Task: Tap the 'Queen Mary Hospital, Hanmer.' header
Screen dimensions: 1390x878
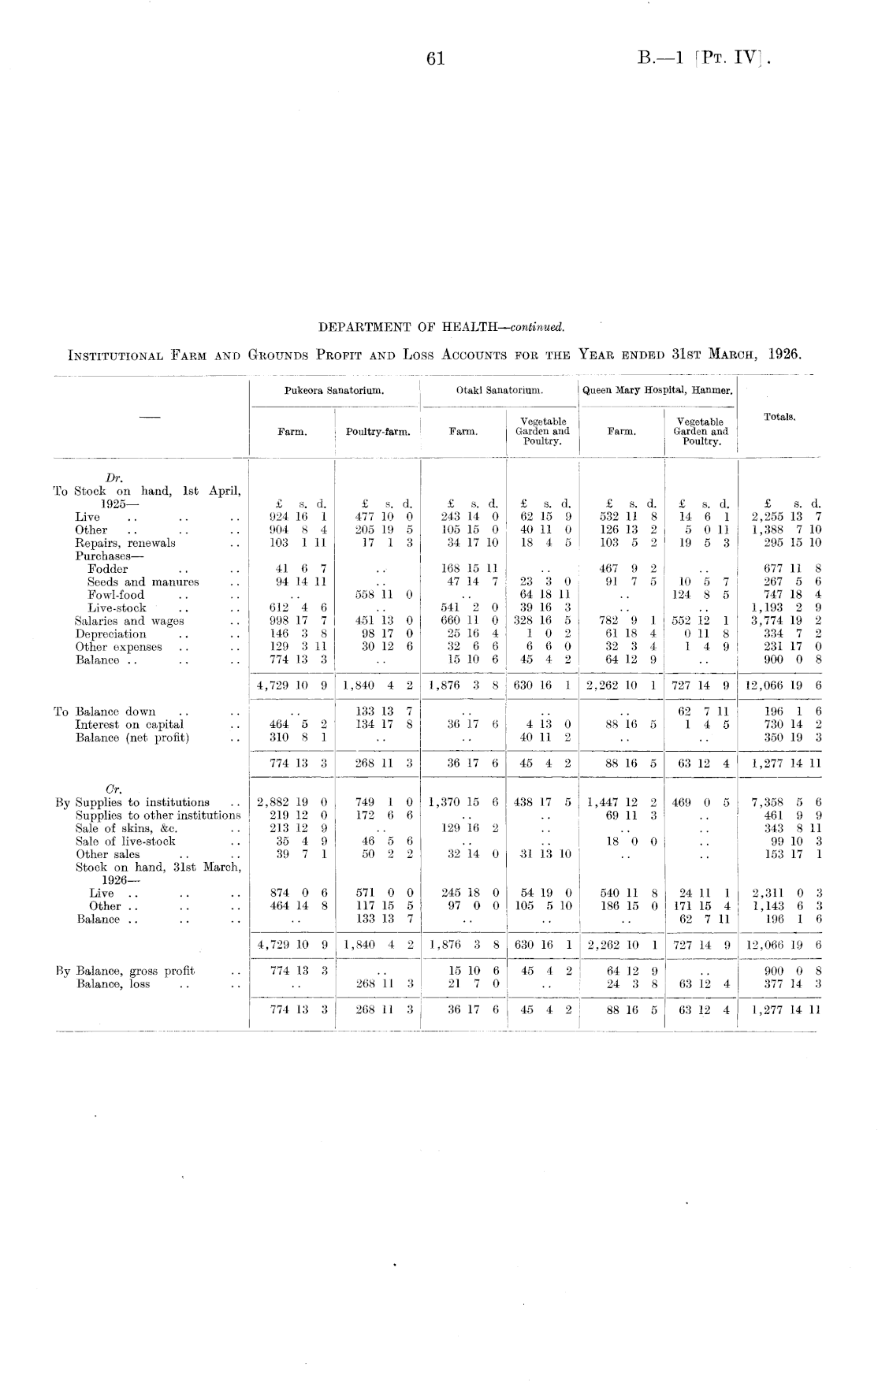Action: (657, 390)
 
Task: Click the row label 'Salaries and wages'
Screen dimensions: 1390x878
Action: (129, 621)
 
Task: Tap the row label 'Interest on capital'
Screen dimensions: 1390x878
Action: (129, 724)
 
